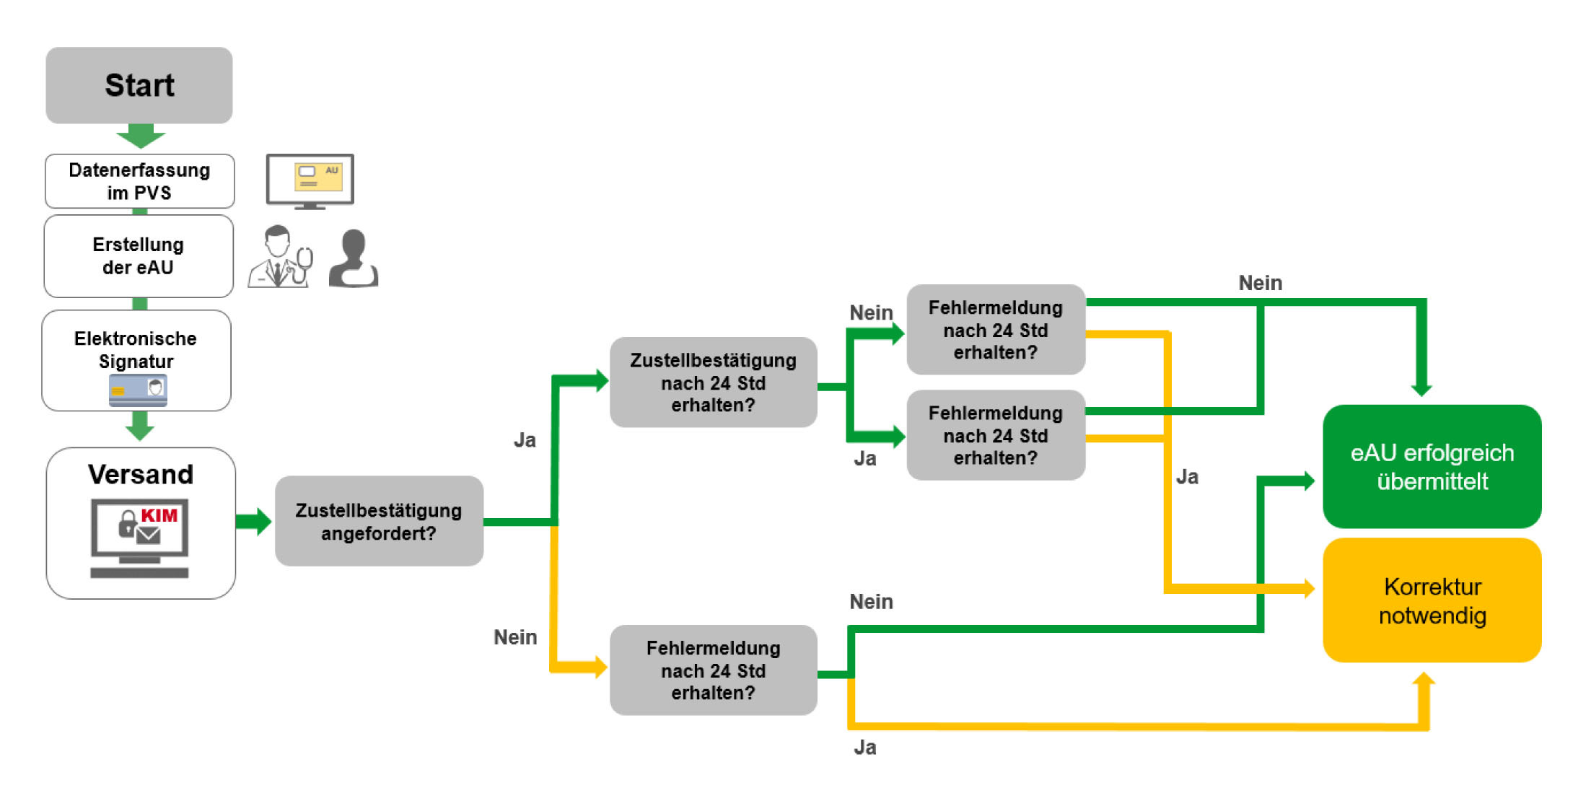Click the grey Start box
click(x=139, y=85)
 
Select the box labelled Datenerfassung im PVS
click(x=139, y=181)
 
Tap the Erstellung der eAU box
click(x=139, y=256)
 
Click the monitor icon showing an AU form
click(x=310, y=180)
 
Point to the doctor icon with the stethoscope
click(x=280, y=258)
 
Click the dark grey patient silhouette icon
click(x=354, y=259)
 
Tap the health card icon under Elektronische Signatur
click(x=138, y=390)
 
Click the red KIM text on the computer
click(x=159, y=515)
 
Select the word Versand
click(x=141, y=474)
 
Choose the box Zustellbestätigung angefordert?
click(x=379, y=521)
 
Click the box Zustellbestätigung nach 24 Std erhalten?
click(x=713, y=382)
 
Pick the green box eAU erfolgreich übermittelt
click(x=1432, y=466)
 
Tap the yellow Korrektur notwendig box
click(x=1432, y=600)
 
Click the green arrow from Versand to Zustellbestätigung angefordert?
click(x=254, y=521)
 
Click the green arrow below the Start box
click(x=141, y=136)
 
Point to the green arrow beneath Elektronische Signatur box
click(x=139, y=426)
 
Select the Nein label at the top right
click(x=1260, y=283)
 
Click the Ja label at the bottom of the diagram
click(x=864, y=748)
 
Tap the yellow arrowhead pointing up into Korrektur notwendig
click(x=1423, y=681)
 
